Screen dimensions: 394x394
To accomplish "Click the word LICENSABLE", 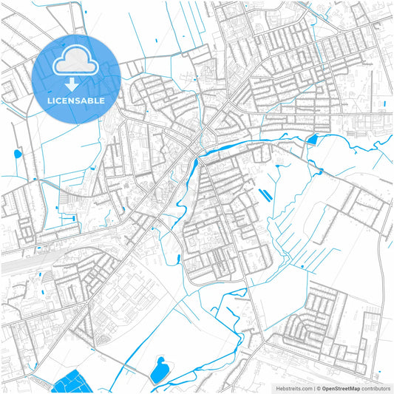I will [76, 100].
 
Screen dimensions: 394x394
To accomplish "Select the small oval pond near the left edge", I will [17, 154].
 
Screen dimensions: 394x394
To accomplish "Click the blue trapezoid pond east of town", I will [311, 138].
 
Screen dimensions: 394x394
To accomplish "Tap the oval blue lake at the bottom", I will [157, 370].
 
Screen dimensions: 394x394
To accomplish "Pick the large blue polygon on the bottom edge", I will [71, 382].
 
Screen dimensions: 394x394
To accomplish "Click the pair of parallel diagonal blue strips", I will [264, 195].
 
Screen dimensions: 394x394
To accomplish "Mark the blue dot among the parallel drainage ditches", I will [302, 267].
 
